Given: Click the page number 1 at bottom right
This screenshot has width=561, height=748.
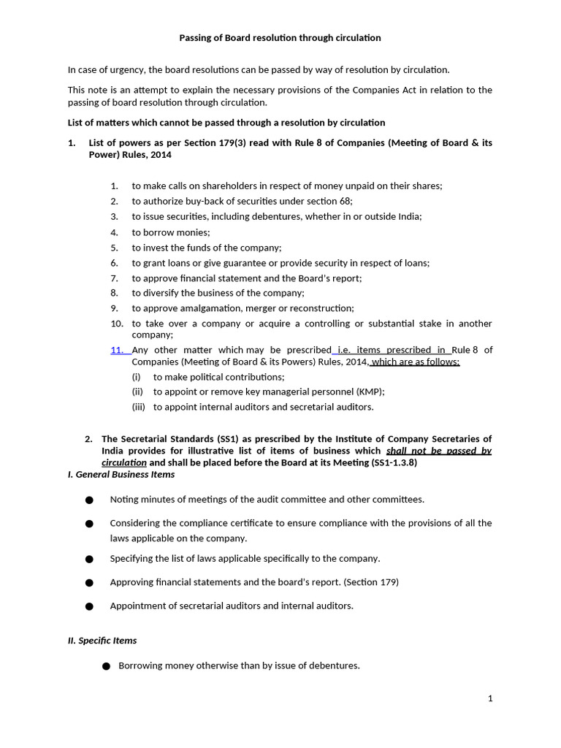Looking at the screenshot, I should coord(490,698).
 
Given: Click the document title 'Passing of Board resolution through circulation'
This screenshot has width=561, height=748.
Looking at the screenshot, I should coord(280,37).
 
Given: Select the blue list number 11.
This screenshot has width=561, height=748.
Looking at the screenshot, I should coord(118,350).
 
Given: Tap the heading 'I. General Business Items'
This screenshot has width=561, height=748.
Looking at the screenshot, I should coord(121,474).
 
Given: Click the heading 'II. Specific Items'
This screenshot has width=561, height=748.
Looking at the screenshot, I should coord(102,640).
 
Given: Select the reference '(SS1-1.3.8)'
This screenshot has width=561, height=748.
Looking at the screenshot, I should coord(394,463).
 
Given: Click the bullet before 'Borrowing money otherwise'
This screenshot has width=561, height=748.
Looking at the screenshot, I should coord(106,666).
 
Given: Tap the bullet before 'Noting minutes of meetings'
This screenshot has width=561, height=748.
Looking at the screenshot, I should coord(89,500).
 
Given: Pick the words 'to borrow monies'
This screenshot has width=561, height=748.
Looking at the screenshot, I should coord(171,232).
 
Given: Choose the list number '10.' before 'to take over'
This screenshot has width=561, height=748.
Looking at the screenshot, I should coord(117,324).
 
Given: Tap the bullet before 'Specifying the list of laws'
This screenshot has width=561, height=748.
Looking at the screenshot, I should coord(89,559).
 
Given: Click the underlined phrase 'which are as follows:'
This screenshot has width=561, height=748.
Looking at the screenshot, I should coord(416,362).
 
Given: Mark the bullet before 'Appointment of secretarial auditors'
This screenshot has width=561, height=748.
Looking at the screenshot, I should coord(89,606).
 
